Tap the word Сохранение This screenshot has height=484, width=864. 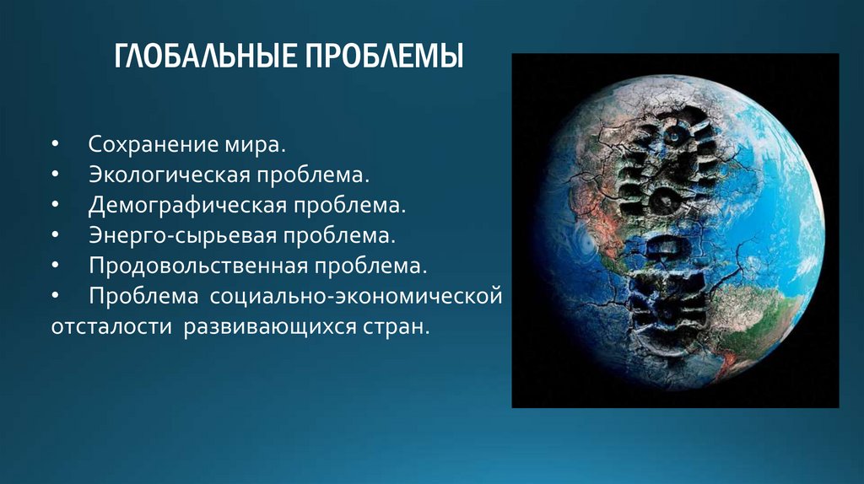[x=154, y=144]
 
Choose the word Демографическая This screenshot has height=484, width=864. [x=187, y=206]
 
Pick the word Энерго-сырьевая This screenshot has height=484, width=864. [x=182, y=235]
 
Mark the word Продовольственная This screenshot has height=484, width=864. [x=198, y=266]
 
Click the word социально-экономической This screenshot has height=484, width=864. [x=356, y=296]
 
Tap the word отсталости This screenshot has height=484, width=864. [x=112, y=326]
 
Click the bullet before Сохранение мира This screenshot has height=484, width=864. [x=55, y=144]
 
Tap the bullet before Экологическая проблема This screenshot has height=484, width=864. [x=55, y=175]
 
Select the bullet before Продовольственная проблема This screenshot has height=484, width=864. [x=55, y=266]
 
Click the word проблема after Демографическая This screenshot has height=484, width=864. [x=349, y=207]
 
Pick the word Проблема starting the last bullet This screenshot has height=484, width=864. [x=143, y=296]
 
